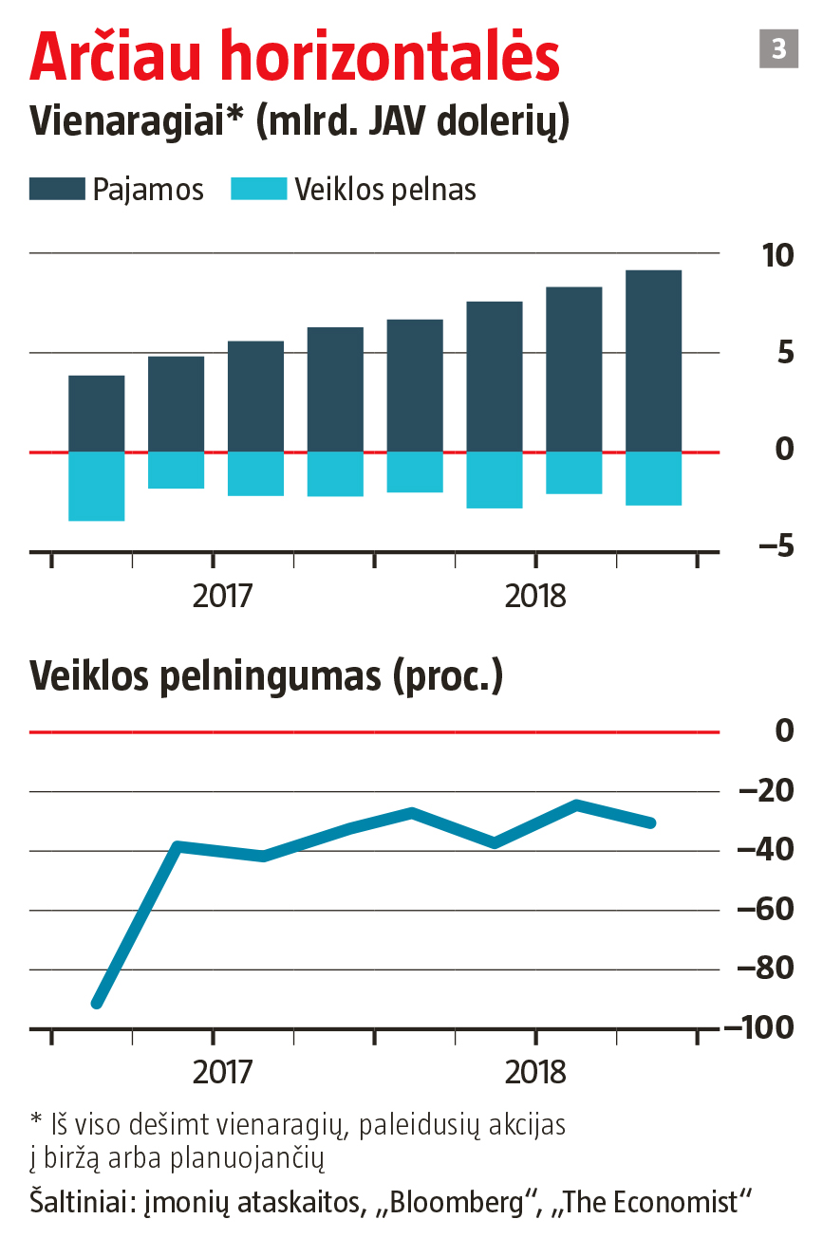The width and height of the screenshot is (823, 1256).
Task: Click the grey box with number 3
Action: click(778, 48)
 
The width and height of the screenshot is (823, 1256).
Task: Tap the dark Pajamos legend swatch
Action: click(56, 189)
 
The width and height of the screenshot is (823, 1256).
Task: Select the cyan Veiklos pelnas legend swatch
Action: click(258, 189)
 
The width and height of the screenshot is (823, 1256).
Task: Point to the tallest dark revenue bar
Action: click(653, 360)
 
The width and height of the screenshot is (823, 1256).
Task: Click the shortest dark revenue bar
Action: click(97, 414)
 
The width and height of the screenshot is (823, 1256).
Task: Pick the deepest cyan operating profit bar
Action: click(97, 486)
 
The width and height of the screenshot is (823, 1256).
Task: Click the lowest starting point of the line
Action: click(96, 1003)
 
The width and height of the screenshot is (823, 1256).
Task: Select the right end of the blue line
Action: click(651, 822)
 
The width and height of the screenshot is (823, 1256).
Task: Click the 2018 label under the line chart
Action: click(535, 1072)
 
